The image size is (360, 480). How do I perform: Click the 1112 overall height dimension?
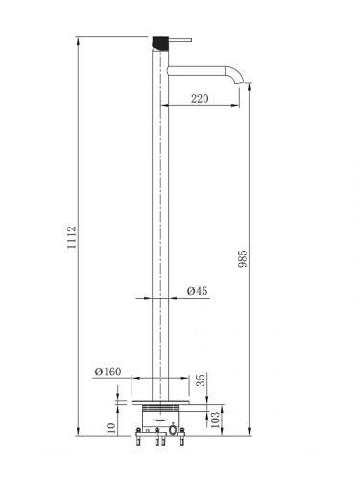(x=72, y=237)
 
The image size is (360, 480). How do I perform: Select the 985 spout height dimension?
(x=243, y=258)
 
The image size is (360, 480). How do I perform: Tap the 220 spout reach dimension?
(x=200, y=99)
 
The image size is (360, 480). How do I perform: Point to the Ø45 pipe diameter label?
(x=197, y=291)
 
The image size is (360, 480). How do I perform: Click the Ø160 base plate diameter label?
(x=108, y=372)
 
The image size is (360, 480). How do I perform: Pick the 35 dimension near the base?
(x=201, y=380)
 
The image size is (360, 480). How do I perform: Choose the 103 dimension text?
(x=216, y=420)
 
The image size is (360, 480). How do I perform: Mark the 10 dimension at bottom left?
(x=110, y=428)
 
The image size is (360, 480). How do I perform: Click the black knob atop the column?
(x=160, y=44)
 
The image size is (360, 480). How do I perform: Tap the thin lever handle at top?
(x=180, y=40)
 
